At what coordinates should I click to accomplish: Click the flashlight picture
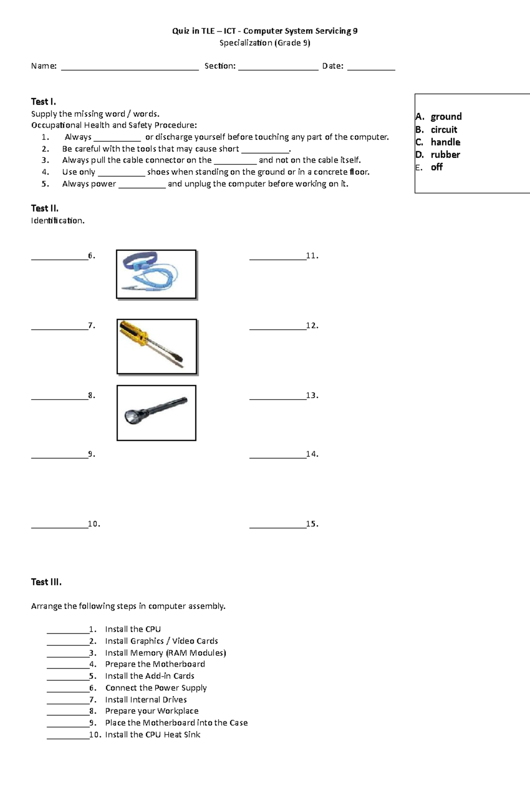pos(156,412)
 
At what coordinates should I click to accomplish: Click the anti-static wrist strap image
pos(156,274)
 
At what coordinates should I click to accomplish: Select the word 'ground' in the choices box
pos(446,117)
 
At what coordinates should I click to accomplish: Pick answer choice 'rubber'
pos(445,155)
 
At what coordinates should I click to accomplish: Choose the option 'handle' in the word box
pos(445,142)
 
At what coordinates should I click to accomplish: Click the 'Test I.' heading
pos(43,102)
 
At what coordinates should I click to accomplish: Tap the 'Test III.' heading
pos(46,582)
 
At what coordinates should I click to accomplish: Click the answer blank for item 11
pos(277,257)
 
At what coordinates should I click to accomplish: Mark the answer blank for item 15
pos(277,525)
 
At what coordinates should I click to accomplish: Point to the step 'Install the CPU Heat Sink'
pos(152,735)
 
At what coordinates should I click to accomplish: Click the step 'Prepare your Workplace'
pos(151,711)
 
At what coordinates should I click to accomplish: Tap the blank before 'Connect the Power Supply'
pos(68,689)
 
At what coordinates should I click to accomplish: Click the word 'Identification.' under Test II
pos(57,221)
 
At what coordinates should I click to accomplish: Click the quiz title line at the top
pos(265,31)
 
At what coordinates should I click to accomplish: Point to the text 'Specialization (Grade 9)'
pos(265,43)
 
